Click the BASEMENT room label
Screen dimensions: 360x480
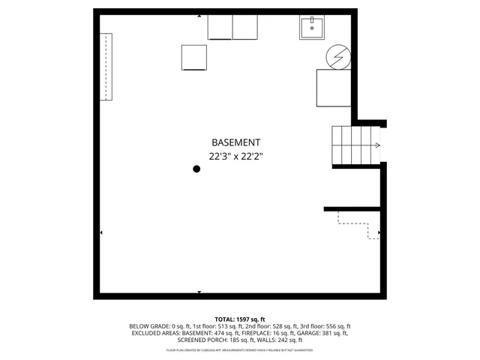tap(235, 142)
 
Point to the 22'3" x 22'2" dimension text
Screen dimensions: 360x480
tap(235, 157)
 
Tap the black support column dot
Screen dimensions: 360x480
tap(196, 169)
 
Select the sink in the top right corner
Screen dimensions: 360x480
tap(312, 28)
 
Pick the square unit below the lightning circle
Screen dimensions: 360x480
tap(334, 87)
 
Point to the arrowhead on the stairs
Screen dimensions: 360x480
tap(377, 145)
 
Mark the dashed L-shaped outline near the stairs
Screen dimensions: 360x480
tap(358, 224)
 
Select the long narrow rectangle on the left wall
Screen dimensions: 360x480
tap(106, 67)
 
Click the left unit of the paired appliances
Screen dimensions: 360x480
tap(220, 27)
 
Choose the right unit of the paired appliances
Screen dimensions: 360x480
tap(245, 27)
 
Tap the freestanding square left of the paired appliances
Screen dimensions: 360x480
tap(194, 58)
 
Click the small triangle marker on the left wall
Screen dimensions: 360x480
tap(101, 233)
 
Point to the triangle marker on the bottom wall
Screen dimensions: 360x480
tap(199, 292)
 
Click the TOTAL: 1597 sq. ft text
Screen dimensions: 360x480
tap(240, 319)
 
